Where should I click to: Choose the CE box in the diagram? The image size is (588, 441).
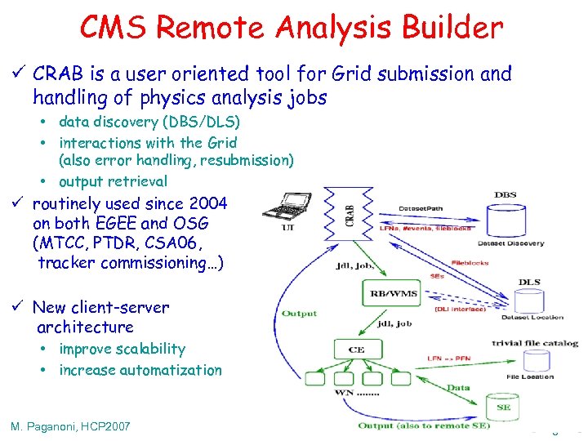point(356,350)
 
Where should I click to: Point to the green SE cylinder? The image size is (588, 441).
point(502,406)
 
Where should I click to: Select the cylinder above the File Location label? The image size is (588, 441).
point(529,360)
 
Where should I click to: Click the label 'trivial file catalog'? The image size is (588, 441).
point(535,343)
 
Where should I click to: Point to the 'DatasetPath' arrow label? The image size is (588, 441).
point(422,208)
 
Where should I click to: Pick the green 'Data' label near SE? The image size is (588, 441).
point(457,388)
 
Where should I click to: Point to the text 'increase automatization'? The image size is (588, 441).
point(140,370)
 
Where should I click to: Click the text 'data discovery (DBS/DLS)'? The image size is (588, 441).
point(149,122)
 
